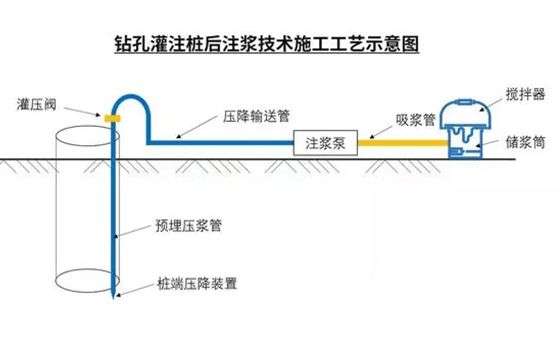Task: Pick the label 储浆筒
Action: (525, 143)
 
